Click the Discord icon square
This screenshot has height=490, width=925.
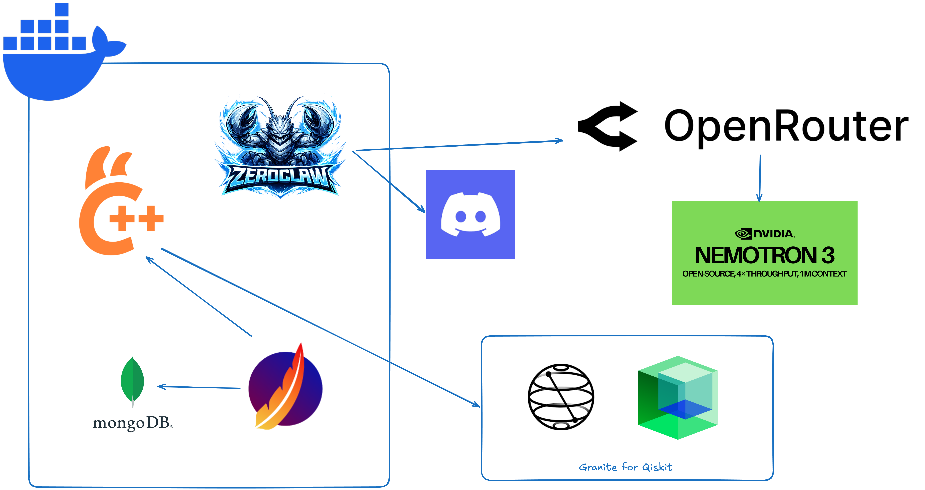coord(470,214)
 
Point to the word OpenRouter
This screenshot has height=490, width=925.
coord(786,126)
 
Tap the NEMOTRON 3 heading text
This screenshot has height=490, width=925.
coord(765,255)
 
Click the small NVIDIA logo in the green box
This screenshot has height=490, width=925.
coord(765,234)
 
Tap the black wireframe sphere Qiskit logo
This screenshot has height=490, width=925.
coord(561,397)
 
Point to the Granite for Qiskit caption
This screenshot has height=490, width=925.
coord(626,467)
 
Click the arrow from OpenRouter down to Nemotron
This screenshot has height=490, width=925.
coord(760,178)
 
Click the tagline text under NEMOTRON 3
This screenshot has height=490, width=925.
coord(765,274)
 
